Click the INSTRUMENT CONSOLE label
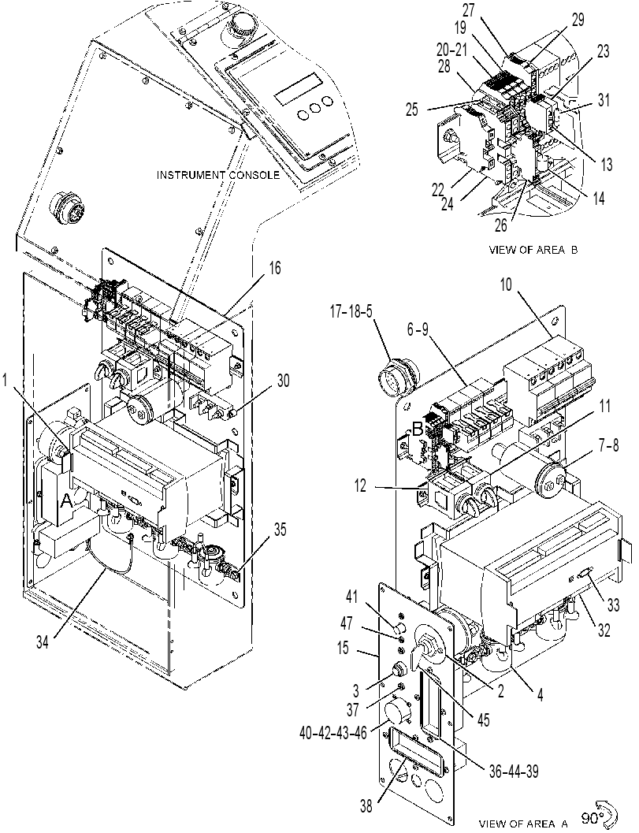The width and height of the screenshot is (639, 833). [217, 175]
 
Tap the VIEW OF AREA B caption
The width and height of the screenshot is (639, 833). [533, 250]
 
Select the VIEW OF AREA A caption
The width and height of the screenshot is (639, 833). [523, 824]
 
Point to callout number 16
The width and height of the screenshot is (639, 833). [274, 268]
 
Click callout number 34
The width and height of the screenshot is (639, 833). [42, 642]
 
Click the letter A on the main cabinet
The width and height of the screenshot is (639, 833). [67, 500]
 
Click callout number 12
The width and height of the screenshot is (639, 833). [361, 485]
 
